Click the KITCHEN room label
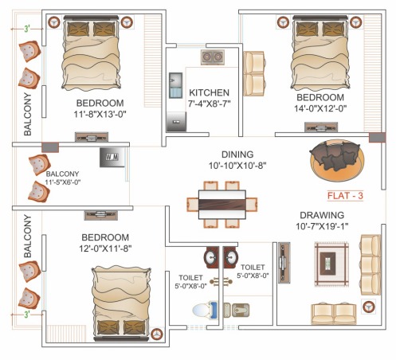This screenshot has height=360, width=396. (x=210, y=92)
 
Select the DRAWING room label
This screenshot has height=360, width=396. (x=321, y=216)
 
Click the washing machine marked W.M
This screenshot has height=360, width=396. (x=109, y=157)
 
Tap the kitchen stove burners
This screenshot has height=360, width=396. (x=210, y=58)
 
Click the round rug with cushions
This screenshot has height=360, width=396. (x=336, y=161)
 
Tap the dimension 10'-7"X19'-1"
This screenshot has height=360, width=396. (x=321, y=227)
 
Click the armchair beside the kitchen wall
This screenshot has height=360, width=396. (x=254, y=72)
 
